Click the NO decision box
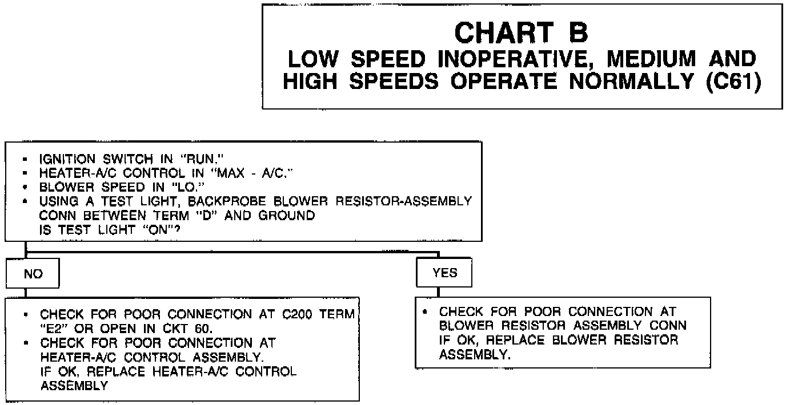(33, 274)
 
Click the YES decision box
(444, 273)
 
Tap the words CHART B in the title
(521, 33)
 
